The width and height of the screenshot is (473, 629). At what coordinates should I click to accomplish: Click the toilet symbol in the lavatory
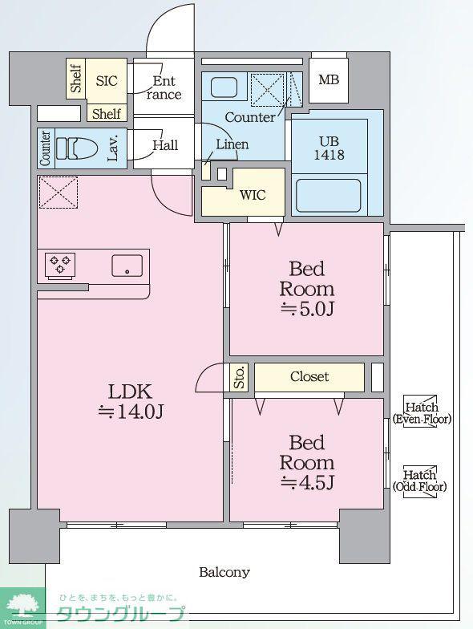(77, 148)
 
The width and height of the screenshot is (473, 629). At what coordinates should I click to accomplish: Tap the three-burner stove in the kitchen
(60, 265)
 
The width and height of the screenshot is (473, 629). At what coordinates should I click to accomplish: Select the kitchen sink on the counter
(127, 266)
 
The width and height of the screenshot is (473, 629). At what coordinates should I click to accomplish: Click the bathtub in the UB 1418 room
(329, 196)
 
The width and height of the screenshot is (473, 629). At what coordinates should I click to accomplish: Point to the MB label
(329, 80)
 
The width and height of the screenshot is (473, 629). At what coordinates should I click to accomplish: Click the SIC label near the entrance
(107, 81)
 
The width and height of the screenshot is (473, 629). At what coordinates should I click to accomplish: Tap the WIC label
(253, 196)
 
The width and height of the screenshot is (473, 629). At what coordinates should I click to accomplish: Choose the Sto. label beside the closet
(239, 377)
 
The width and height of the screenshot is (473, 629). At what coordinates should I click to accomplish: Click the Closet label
(309, 376)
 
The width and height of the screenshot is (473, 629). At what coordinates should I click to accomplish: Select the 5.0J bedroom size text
(306, 308)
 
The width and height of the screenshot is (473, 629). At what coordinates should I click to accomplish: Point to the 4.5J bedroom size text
(306, 482)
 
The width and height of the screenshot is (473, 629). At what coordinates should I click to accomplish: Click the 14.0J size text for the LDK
(131, 411)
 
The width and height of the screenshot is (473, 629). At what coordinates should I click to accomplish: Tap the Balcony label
(224, 571)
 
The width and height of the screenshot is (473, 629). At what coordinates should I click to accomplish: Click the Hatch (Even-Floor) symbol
(422, 412)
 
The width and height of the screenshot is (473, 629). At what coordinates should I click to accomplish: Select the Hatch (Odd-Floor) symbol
(420, 481)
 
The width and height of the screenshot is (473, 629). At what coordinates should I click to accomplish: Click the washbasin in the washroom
(224, 87)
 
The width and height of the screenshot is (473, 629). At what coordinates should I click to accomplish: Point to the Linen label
(232, 144)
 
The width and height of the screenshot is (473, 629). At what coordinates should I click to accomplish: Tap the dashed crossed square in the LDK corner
(58, 193)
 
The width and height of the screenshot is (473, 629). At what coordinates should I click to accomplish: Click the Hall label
(165, 144)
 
